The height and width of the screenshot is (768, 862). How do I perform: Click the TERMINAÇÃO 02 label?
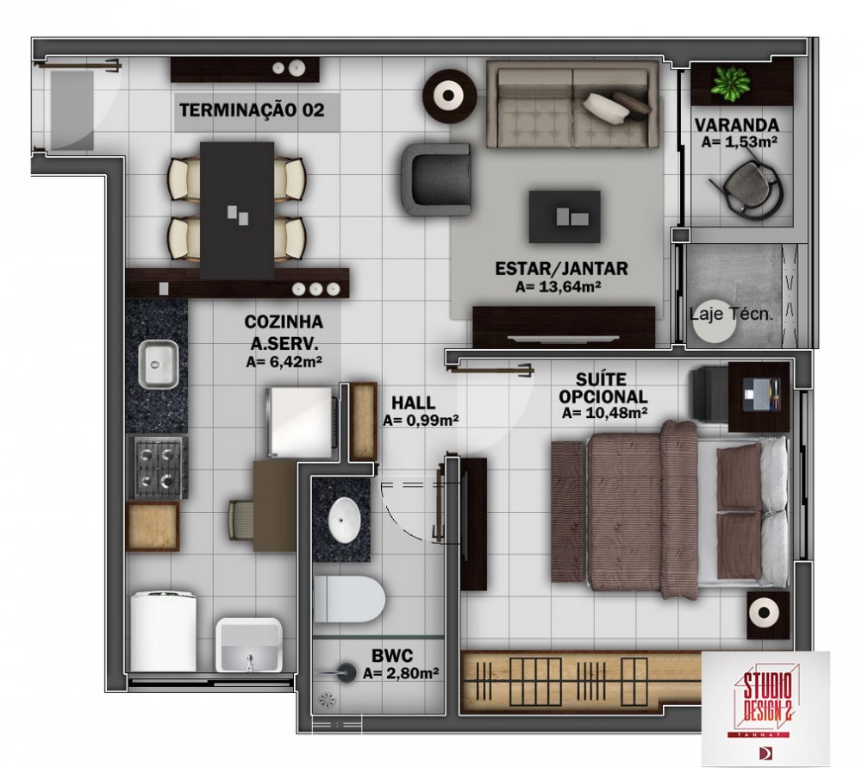click(x=252, y=110)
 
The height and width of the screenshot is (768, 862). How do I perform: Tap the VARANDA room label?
click(x=737, y=125)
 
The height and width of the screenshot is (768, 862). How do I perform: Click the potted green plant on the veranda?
click(x=730, y=83)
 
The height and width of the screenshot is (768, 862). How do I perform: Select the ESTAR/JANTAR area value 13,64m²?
click(x=558, y=286)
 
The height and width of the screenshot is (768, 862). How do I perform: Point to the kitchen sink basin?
click(x=159, y=364)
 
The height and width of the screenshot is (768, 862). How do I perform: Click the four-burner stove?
click(x=157, y=467)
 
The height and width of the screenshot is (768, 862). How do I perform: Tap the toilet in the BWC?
click(x=348, y=599)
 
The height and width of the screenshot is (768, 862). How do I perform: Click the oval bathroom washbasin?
click(x=345, y=520)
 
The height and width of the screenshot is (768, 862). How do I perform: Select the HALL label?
click(x=414, y=403)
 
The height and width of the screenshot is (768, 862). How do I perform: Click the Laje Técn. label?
click(x=731, y=314)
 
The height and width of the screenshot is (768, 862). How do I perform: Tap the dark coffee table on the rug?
click(x=565, y=216)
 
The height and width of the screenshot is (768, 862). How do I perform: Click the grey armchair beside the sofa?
click(x=436, y=179)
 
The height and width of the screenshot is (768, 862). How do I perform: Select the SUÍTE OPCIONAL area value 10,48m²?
click(x=603, y=413)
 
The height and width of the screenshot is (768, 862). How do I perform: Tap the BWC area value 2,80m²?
click(x=401, y=673)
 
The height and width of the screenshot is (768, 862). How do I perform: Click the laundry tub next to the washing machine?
click(x=249, y=645)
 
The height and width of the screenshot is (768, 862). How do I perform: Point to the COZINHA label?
click(x=284, y=322)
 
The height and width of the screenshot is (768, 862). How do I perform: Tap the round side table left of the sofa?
click(x=449, y=97)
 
